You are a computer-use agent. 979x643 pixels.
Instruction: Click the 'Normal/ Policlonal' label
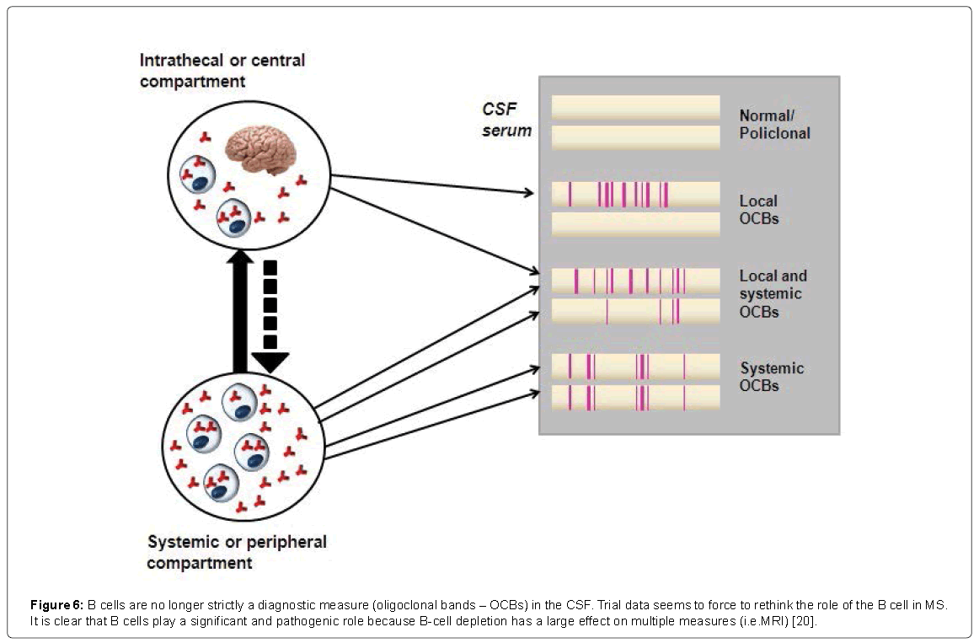tap(774, 124)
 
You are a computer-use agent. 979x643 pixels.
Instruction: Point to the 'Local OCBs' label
tap(758, 210)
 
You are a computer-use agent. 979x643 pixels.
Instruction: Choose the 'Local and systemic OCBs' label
tap(772, 293)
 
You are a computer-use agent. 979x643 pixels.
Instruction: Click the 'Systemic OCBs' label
tap(772, 377)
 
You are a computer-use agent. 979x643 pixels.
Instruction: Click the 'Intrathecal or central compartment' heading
tap(222, 71)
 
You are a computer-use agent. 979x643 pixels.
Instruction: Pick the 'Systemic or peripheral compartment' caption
tap(237, 551)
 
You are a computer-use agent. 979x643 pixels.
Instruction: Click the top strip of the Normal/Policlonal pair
tap(635, 107)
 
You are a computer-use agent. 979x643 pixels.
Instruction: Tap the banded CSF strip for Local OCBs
tap(635, 194)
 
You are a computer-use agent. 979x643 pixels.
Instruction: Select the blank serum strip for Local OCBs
tap(635, 224)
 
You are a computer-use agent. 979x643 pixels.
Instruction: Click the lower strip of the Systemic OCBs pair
tap(635, 397)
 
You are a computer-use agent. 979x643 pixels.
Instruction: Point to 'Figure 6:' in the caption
tap(56, 605)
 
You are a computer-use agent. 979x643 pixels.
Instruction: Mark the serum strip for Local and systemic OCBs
tap(635, 312)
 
